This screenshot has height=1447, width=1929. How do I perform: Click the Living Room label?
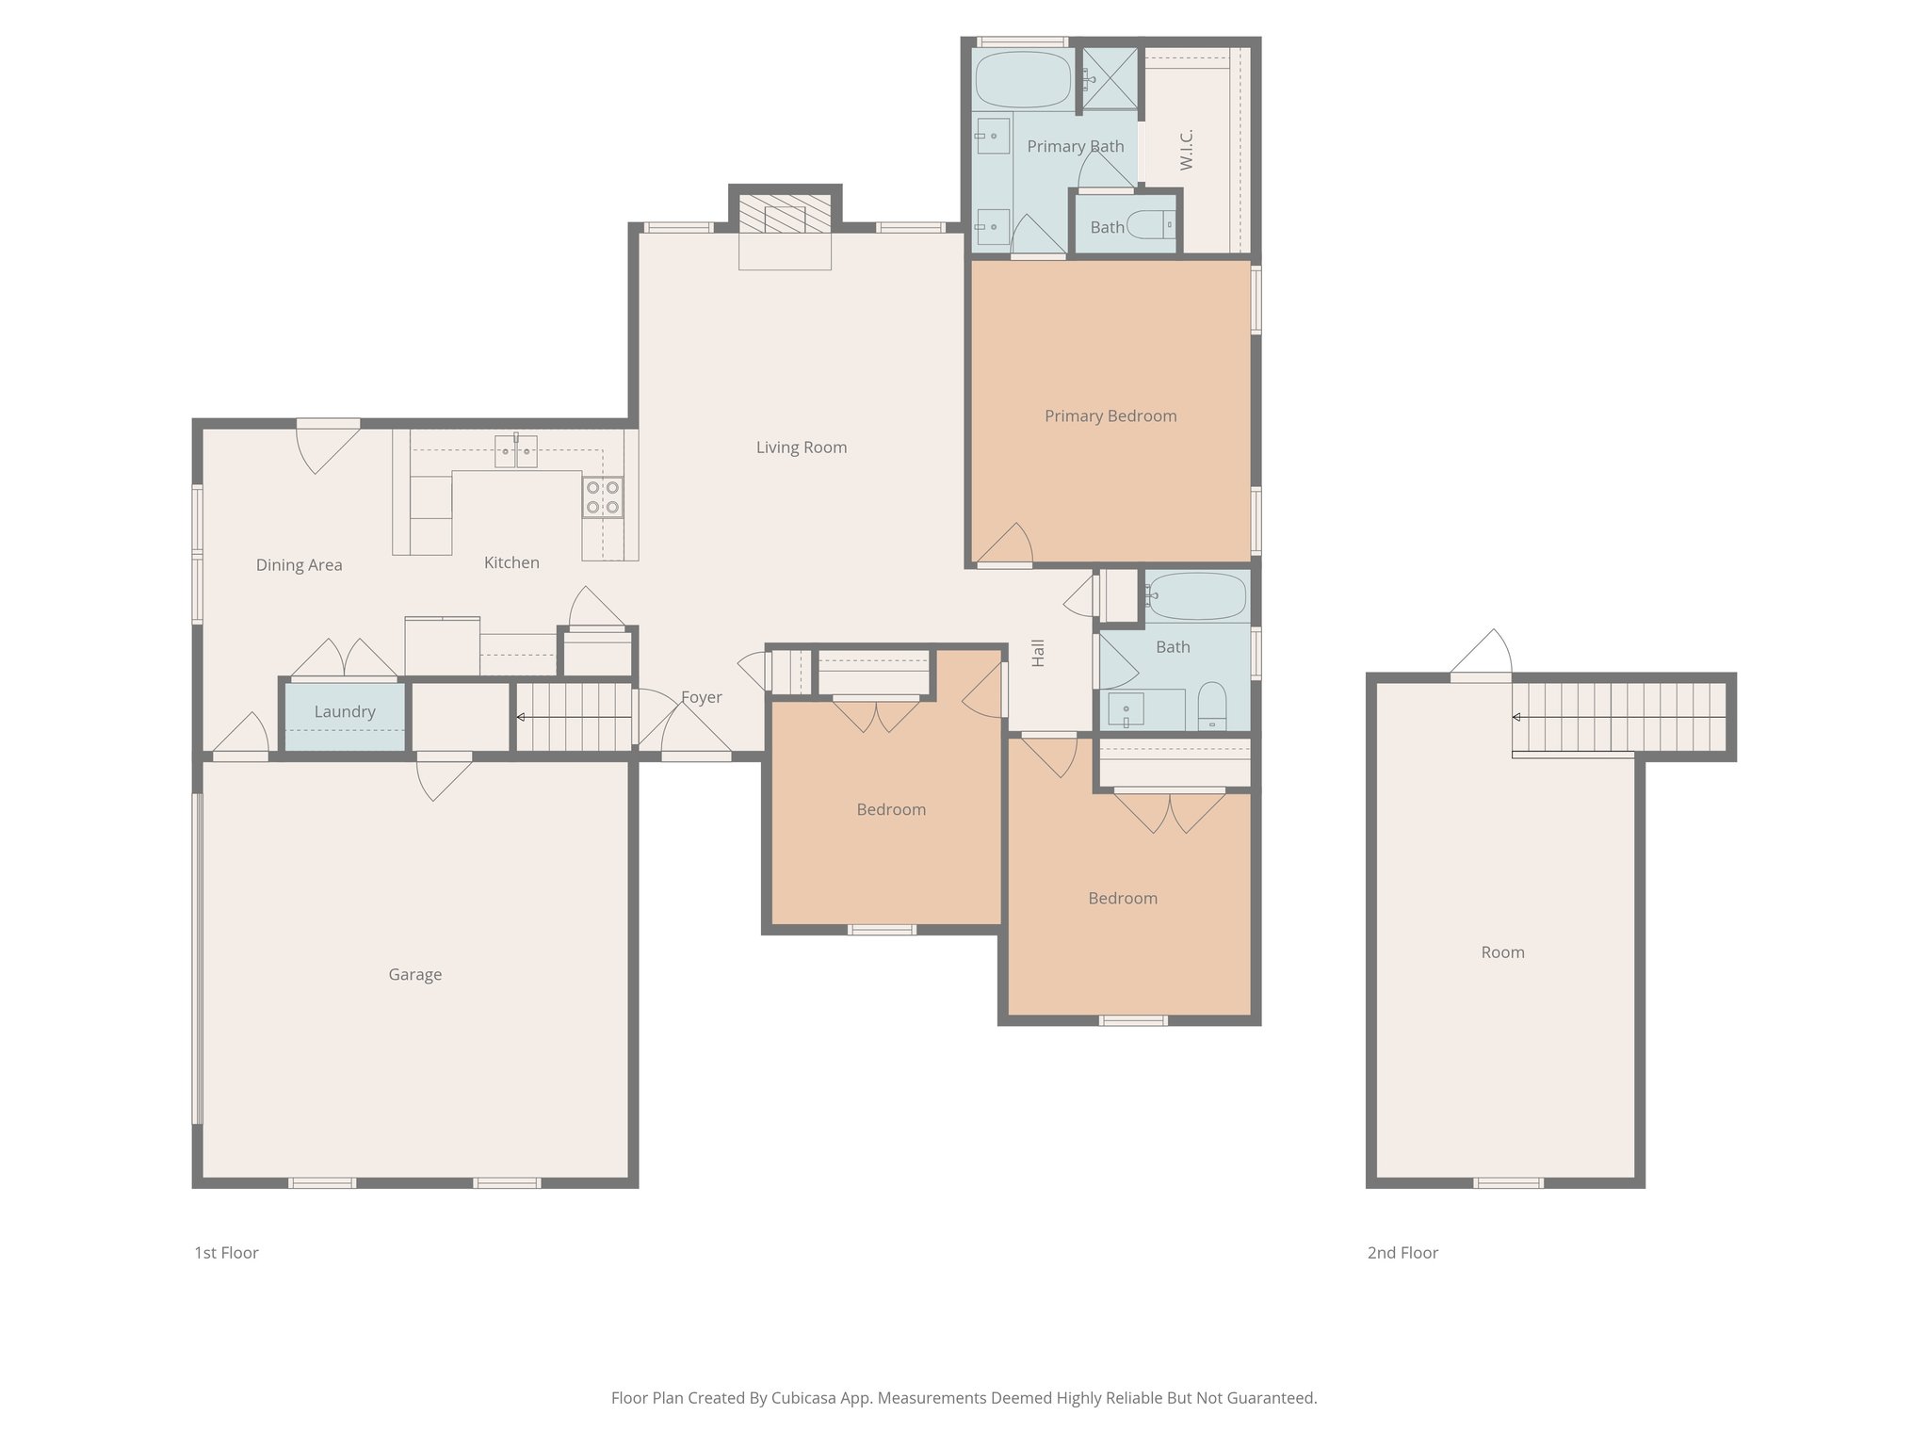click(x=801, y=447)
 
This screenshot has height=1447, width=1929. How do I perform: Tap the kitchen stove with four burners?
click(x=603, y=497)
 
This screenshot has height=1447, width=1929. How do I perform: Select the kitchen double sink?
click(x=516, y=452)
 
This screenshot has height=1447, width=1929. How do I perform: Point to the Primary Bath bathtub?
click(x=1023, y=79)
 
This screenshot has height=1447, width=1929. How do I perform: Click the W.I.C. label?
click(x=1187, y=150)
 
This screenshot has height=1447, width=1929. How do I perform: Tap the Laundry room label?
click(x=345, y=712)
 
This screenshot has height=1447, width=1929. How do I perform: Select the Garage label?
click(x=414, y=975)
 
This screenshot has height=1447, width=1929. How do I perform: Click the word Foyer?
click(x=702, y=698)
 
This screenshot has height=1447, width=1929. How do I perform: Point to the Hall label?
click(x=1038, y=653)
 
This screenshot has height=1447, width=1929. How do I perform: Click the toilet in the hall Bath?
click(x=1212, y=707)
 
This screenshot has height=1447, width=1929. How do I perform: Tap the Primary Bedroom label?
click(x=1110, y=416)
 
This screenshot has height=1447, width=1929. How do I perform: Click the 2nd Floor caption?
click(x=1402, y=1253)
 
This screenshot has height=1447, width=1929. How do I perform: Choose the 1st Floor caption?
click(x=226, y=1253)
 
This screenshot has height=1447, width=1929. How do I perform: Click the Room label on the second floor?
click(x=1502, y=952)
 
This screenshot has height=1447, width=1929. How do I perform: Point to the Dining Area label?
click(x=299, y=565)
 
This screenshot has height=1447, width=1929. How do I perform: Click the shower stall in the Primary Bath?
click(x=1109, y=78)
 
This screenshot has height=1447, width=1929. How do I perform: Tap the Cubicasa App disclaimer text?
click(x=964, y=1398)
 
